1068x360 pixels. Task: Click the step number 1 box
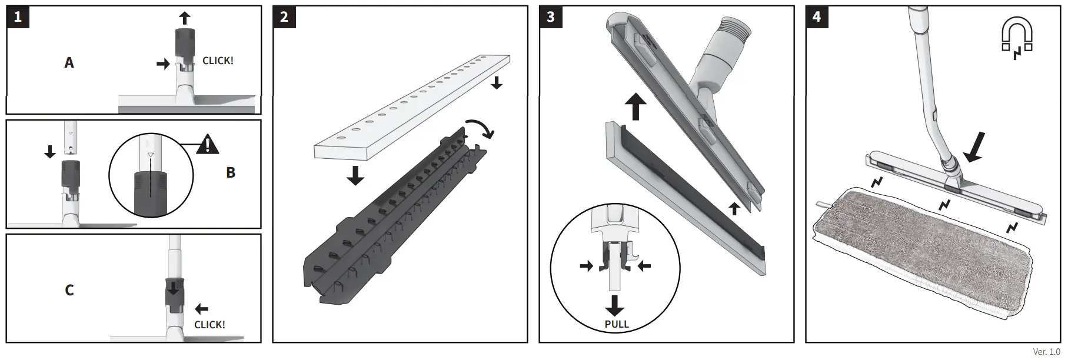tap(18, 16)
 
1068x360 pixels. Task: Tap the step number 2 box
tap(284, 16)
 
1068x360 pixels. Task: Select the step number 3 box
tap(551, 16)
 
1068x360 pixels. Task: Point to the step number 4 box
tap(817, 16)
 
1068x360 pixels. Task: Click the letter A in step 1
tap(69, 62)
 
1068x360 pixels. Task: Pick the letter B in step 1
tap(231, 172)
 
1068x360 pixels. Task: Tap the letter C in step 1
tap(69, 290)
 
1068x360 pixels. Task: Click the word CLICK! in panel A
tap(218, 61)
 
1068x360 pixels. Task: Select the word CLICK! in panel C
tap(209, 325)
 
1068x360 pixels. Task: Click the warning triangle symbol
tap(207, 144)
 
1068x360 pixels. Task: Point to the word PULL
tap(617, 324)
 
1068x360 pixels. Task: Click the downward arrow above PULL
tap(615, 306)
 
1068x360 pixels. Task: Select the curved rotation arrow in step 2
tap(481, 127)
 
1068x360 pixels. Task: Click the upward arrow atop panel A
tap(185, 17)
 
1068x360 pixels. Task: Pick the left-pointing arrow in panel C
tap(201, 308)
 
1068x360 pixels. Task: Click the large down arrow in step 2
tap(355, 175)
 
